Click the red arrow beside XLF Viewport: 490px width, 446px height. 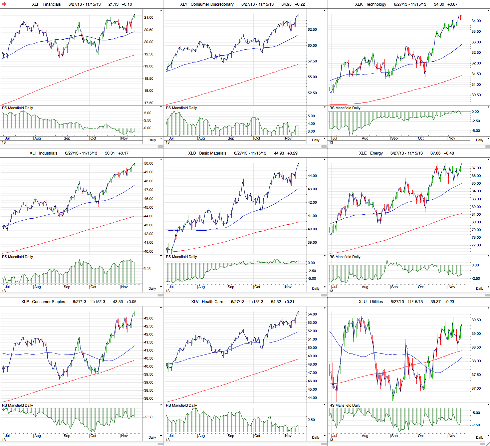pyautogui.click(x=4, y=4)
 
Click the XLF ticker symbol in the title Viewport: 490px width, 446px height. pyautogui.click(x=36, y=4)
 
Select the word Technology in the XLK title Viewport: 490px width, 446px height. pyautogui.click(x=376, y=4)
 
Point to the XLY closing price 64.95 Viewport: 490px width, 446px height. pyautogui.click(x=286, y=4)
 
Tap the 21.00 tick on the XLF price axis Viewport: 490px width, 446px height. pyautogui.click(x=149, y=17)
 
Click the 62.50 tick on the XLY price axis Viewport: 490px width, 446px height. pyautogui.click(x=312, y=29)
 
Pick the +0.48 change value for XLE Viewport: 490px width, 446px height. pyautogui.click(x=449, y=153)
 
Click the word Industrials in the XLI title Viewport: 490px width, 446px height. pyautogui.click(x=48, y=153)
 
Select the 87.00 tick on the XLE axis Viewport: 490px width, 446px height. pyautogui.click(x=476, y=168)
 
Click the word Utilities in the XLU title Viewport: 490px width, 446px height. pyautogui.click(x=376, y=302)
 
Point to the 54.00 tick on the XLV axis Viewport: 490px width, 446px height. pyautogui.click(x=312, y=314)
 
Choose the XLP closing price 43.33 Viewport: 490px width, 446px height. pyautogui.click(x=118, y=302)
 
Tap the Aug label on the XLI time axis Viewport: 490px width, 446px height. pyautogui.click(x=37, y=287)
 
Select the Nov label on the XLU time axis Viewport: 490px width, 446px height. pyautogui.click(x=452, y=436)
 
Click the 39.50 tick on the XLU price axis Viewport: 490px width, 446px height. pyautogui.click(x=476, y=320)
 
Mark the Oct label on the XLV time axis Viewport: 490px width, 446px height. pyautogui.click(x=257, y=436)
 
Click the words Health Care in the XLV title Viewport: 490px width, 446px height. pyautogui.click(x=212, y=302)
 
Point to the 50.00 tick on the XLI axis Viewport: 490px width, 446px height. pyautogui.click(x=149, y=163)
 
